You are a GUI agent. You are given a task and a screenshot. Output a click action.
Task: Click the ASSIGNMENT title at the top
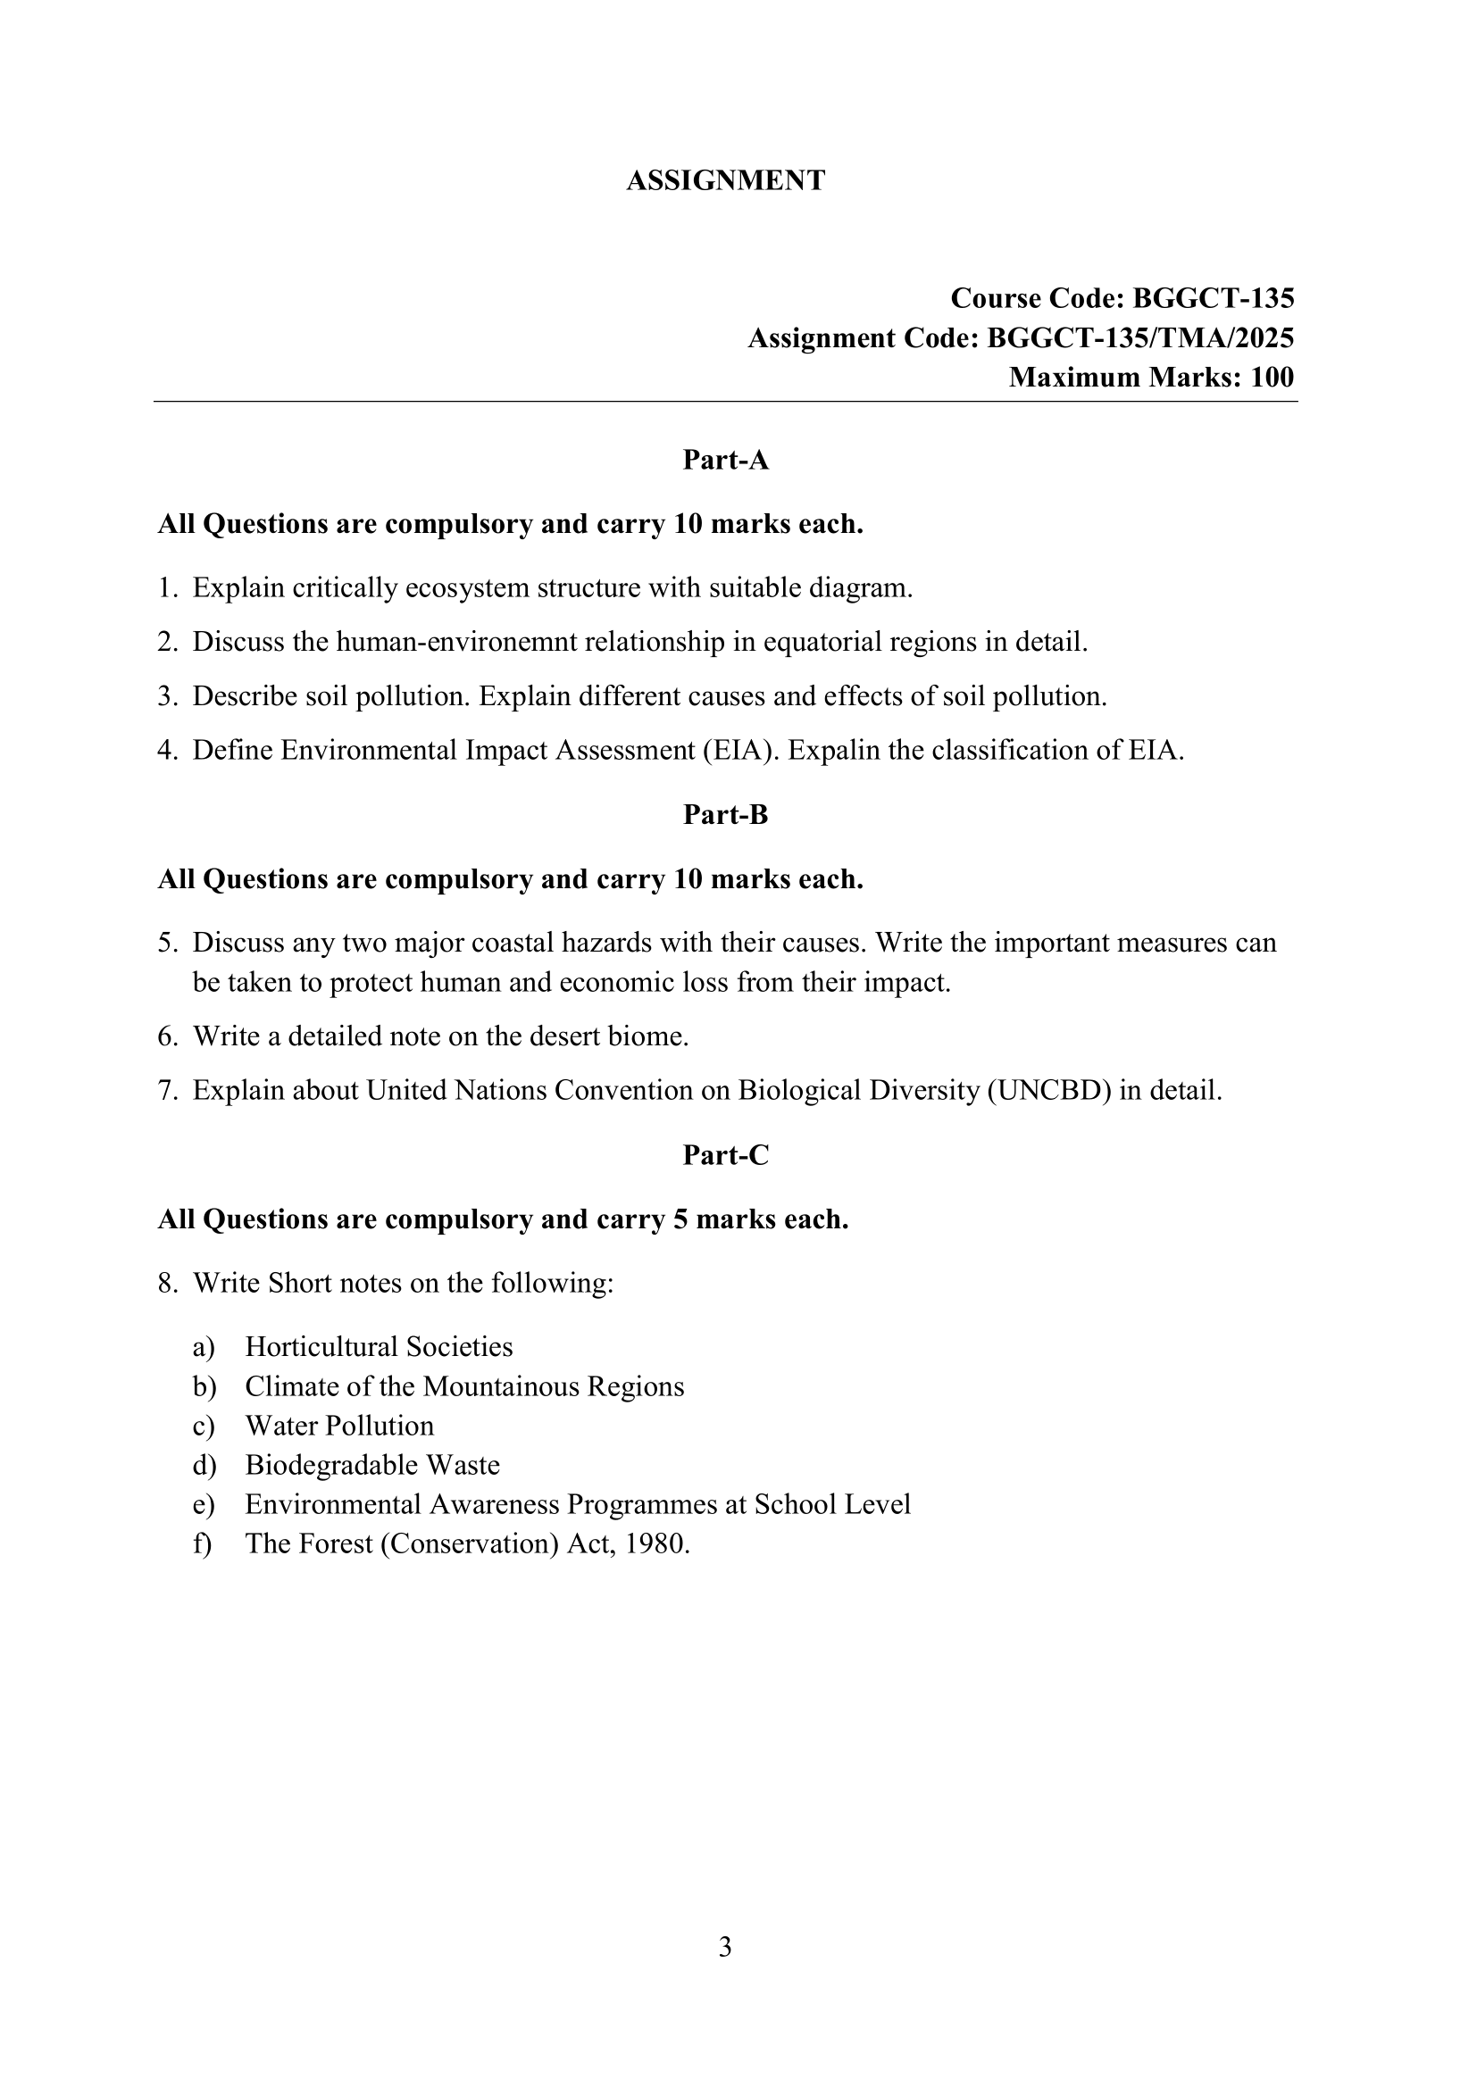pyautogui.click(x=725, y=180)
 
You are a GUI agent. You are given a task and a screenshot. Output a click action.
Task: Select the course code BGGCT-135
pyautogui.click(x=1214, y=298)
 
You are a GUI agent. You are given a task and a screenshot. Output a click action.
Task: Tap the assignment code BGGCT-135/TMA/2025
pyautogui.click(x=1140, y=338)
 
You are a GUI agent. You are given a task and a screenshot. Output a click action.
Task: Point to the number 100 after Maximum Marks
pyautogui.click(x=1272, y=378)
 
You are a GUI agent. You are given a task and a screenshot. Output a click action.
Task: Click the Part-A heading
pyautogui.click(x=725, y=460)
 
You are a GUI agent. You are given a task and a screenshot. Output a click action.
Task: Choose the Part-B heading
pyautogui.click(x=725, y=815)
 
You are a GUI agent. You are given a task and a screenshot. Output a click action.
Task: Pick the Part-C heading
pyautogui.click(x=725, y=1155)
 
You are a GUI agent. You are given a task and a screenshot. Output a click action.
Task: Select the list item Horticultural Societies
pyautogui.click(x=379, y=1346)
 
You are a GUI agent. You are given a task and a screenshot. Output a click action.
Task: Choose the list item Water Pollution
pyautogui.click(x=339, y=1425)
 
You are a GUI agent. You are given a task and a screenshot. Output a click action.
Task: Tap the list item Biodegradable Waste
pyautogui.click(x=372, y=1465)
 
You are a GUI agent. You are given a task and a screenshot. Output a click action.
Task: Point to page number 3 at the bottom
pyautogui.click(x=725, y=1947)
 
